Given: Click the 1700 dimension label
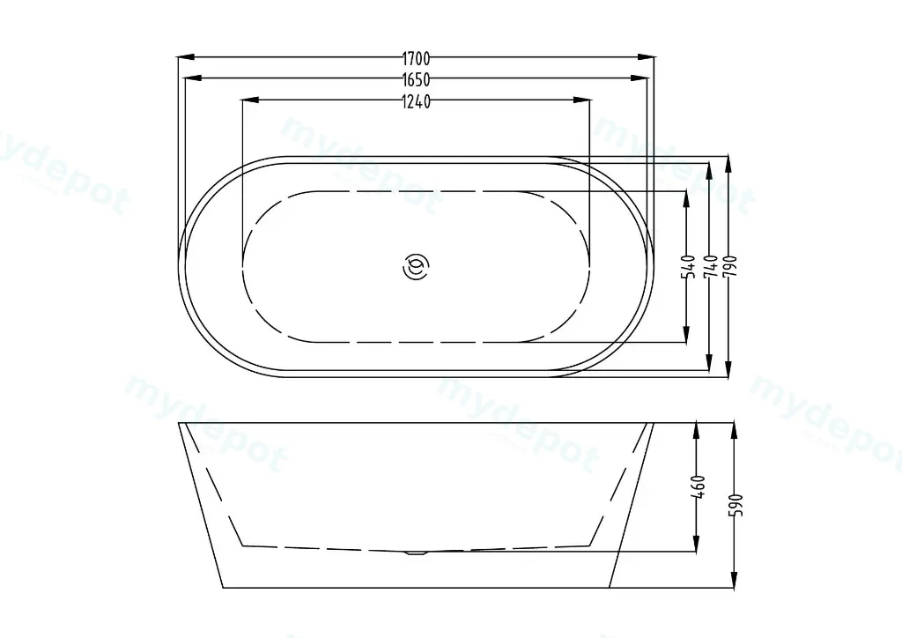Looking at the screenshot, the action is [x=416, y=58].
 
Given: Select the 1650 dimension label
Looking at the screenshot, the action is [x=416, y=79].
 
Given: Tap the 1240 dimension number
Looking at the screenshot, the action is [x=416, y=102].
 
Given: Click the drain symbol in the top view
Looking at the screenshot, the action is [x=416, y=266].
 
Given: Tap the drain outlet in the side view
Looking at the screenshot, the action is [x=416, y=553].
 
